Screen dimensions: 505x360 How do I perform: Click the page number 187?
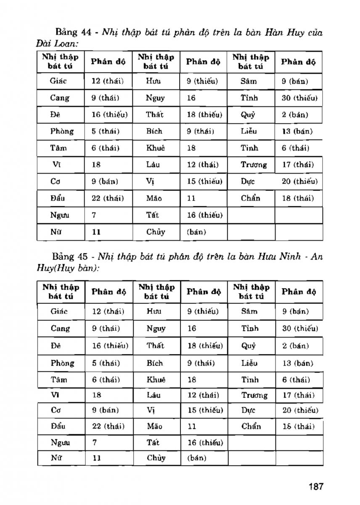pyautogui.click(x=315, y=486)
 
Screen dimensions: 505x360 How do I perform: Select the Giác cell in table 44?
pyautogui.click(x=58, y=81)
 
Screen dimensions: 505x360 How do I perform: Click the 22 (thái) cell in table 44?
pyautogui.click(x=105, y=198)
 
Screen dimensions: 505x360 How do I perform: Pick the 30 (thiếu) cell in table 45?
pyautogui.click(x=300, y=328)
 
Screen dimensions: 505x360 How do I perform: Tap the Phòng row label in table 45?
pyautogui.click(x=62, y=363)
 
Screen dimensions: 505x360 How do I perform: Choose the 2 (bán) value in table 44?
pyautogui.click(x=295, y=114)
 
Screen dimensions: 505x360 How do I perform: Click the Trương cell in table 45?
pyautogui.click(x=254, y=395)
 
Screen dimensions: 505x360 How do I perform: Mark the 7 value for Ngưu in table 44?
pyautogui.click(x=94, y=215)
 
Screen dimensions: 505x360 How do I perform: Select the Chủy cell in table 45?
pyautogui.click(x=156, y=458)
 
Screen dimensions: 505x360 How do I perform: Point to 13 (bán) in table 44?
pyautogui.click(x=297, y=131)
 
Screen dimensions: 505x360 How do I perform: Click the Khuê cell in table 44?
pyautogui.click(x=156, y=148)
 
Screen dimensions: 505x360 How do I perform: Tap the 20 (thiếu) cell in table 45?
pyautogui.click(x=300, y=410)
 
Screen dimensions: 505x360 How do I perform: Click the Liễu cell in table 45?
pyautogui.click(x=250, y=363)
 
